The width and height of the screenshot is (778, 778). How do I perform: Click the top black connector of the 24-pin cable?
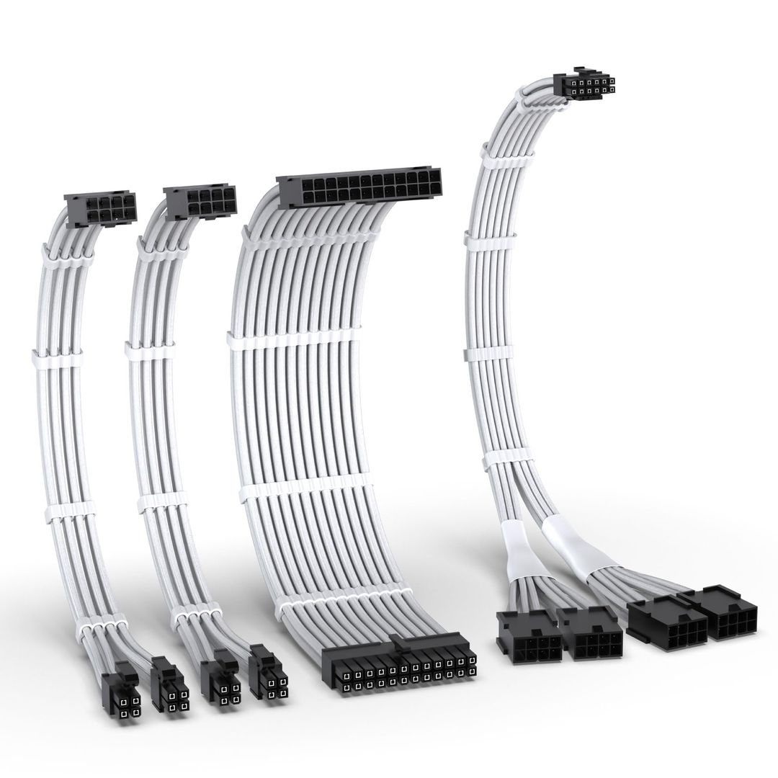[359, 188]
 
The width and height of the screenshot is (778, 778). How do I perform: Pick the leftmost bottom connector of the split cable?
[529, 635]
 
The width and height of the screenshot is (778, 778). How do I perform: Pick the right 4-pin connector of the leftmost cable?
[169, 686]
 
